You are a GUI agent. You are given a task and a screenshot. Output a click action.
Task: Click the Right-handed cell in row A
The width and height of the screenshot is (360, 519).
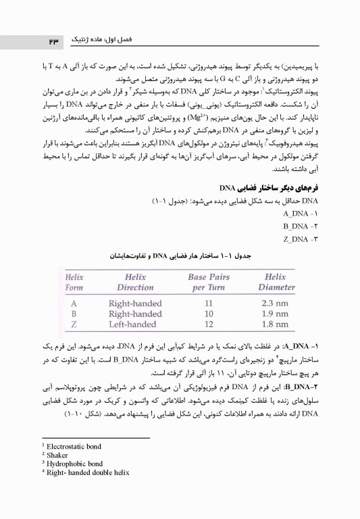[x=135, y=303]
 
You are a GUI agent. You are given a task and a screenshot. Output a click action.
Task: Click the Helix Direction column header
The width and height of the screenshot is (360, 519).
[x=135, y=282]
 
